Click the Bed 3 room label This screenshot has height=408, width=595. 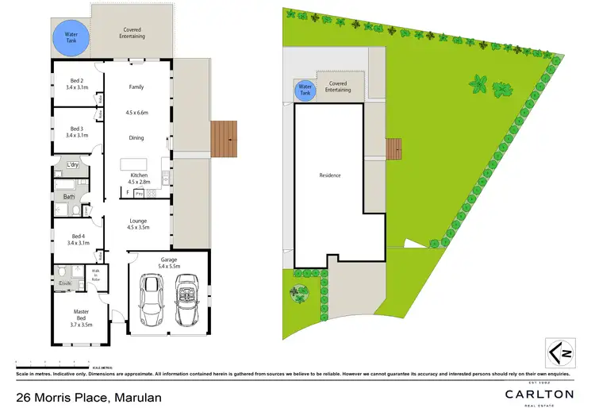pyautogui.click(x=77, y=132)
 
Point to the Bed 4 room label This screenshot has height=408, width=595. pyautogui.click(x=77, y=239)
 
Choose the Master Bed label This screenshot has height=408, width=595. pyautogui.click(x=81, y=320)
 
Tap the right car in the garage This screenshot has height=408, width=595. pyautogui.click(x=186, y=301)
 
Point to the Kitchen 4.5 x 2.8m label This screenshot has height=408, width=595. pyautogui.click(x=140, y=178)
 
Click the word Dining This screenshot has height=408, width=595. pyautogui.click(x=137, y=138)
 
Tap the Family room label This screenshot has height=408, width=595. pyautogui.click(x=137, y=87)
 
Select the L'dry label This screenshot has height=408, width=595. pyautogui.click(x=73, y=165)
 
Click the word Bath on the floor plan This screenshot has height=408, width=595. pyautogui.click(x=69, y=196)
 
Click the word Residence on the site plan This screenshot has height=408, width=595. pyautogui.click(x=330, y=175)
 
